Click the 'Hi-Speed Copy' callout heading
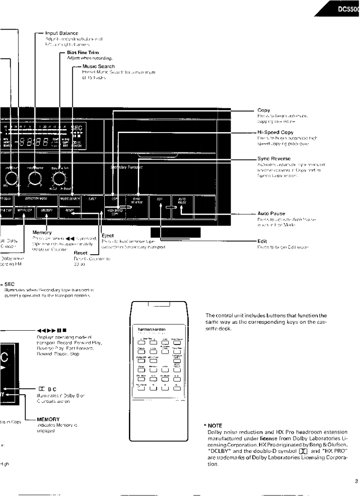pos(275,132)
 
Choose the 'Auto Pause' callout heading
pos(271,213)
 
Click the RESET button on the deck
pos(69,212)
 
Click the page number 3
pos(356,470)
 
